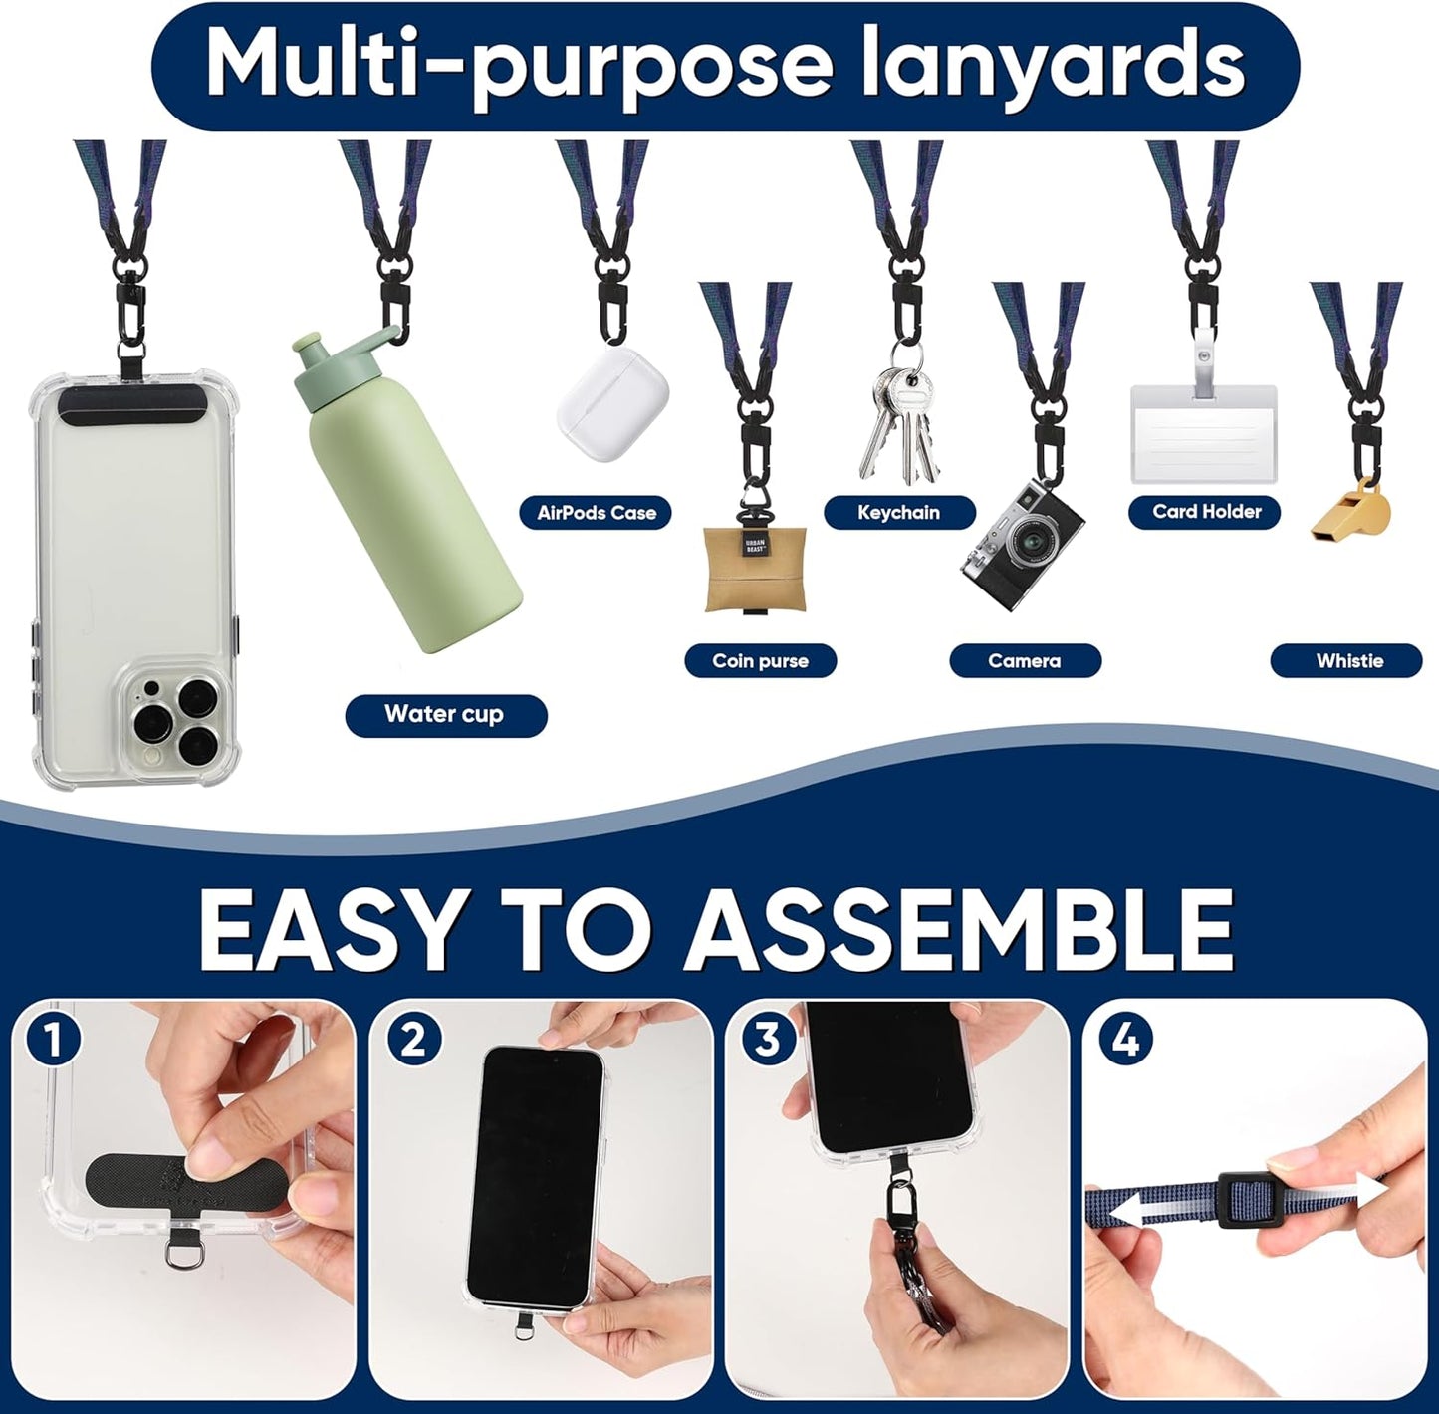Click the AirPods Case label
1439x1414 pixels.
pyautogui.click(x=596, y=513)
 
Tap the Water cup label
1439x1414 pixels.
pyautogui.click(x=446, y=715)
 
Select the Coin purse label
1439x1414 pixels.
pyautogui.click(x=760, y=661)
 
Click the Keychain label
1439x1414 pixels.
pyautogui.click(x=899, y=513)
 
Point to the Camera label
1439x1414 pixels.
pyautogui.click(x=1026, y=661)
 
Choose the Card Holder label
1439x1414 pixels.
pyautogui.click(x=1204, y=512)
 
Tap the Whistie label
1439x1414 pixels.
pyautogui.click(x=1346, y=661)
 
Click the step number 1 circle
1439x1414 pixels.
pyautogui.click(x=52, y=1042)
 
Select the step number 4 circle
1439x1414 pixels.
pyautogui.click(x=1126, y=1040)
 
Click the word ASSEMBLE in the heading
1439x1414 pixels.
pyautogui.click(x=961, y=930)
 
